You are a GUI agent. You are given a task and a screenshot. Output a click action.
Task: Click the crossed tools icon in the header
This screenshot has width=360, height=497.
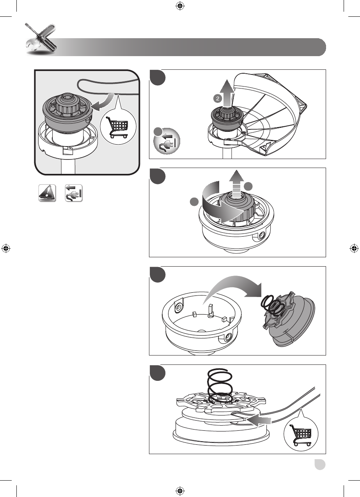click(41, 39)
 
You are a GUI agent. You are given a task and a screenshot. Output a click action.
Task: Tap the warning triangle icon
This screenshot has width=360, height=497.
click(47, 193)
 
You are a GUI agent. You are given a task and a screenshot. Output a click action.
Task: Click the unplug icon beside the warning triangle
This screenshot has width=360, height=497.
click(74, 193)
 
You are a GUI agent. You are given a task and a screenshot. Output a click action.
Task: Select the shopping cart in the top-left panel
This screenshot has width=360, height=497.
click(117, 127)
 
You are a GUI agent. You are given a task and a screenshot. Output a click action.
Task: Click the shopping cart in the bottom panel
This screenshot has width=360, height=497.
click(300, 435)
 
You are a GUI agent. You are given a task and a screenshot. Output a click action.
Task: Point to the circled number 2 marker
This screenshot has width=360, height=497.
click(218, 99)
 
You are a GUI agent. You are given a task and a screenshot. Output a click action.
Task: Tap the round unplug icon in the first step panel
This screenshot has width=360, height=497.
click(167, 141)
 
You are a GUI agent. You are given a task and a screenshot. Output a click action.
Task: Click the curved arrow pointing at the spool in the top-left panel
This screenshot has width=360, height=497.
click(103, 102)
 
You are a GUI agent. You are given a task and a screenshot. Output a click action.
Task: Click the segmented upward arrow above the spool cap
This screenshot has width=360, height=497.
click(237, 184)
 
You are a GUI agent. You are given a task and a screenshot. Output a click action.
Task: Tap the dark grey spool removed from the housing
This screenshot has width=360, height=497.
click(289, 320)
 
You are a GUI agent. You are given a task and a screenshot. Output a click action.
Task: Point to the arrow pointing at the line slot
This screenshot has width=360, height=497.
click(259, 421)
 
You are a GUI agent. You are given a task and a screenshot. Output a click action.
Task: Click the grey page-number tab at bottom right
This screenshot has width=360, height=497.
click(320, 464)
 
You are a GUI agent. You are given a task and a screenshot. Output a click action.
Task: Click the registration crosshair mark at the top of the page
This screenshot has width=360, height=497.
click(180, 6)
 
